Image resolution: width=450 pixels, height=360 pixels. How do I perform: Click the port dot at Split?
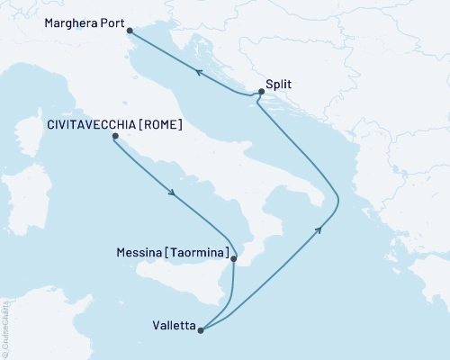click(260, 92)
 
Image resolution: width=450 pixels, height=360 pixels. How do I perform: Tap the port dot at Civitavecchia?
click(114, 137)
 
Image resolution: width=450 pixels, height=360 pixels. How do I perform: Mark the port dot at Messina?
click(234, 259)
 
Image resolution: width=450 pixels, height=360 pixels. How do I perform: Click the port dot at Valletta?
click(201, 330)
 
